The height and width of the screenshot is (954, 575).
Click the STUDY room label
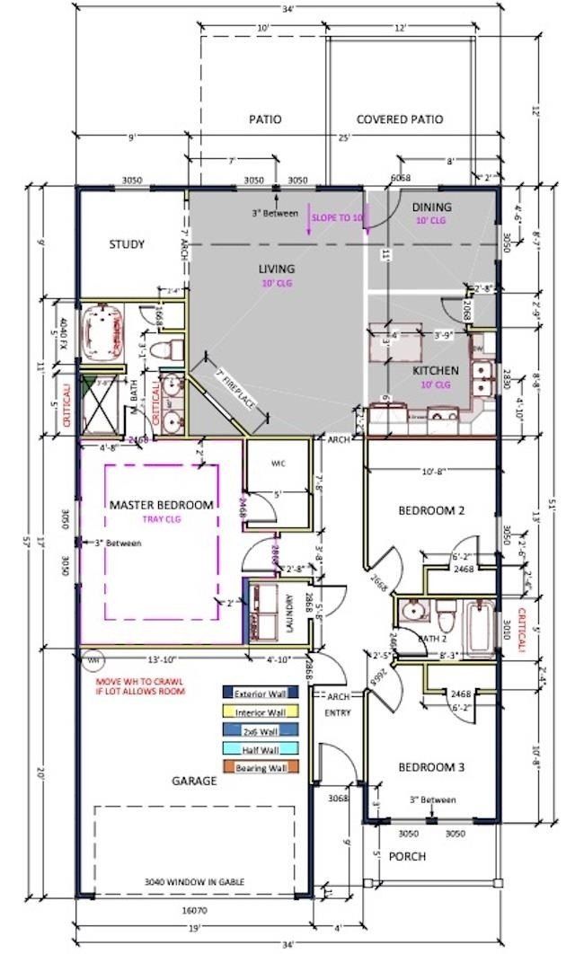(x=127, y=244)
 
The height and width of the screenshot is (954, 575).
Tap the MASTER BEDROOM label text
(x=162, y=505)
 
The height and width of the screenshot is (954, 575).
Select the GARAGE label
(x=194, y=781)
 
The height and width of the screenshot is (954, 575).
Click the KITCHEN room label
(x=436, y=370)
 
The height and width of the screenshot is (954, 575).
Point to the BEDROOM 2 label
(x=431, y=510)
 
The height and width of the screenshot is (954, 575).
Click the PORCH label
(x=407, y=856)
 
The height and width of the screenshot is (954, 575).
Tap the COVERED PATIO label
(x=399, y=119)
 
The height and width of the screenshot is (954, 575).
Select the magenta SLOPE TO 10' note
(x=337, y=217)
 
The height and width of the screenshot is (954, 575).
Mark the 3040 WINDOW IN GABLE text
(x=194, y=882)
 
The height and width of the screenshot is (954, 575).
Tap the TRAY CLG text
(x=162, y=519)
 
